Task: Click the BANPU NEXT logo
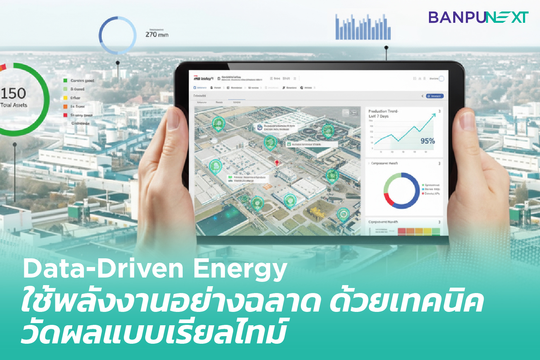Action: click(x=478, y=17)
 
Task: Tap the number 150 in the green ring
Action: click(x=13, y=93)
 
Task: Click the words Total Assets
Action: click(x=14, y=105)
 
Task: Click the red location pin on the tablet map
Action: click(x=277, y=163)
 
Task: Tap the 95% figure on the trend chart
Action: click(x=428, y=141)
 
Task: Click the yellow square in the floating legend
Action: click(x=65, y=98)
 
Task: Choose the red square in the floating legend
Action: click(x=65, y=115)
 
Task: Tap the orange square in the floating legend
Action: click(x=65, y=106)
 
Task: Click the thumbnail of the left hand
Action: click(x=173, y=119)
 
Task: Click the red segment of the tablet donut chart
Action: click(x=388, y=199)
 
